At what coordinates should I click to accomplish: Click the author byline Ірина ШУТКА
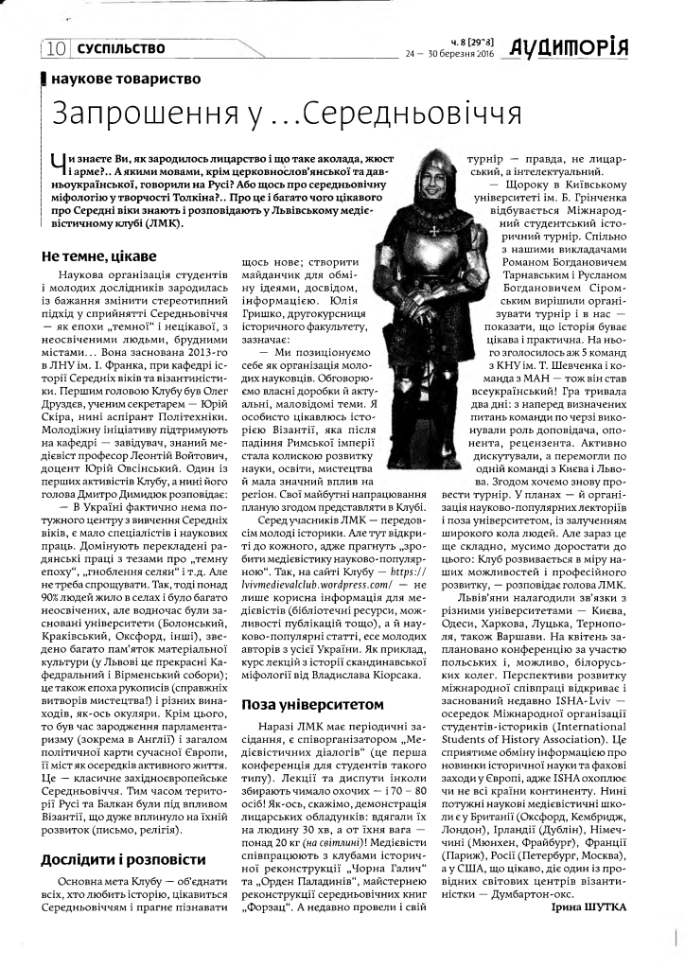[587, 906]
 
